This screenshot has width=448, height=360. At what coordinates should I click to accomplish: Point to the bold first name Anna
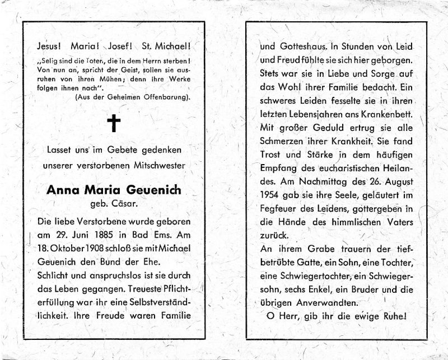click(x=65, y=190)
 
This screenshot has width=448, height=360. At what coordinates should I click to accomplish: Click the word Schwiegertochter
click(x=318, y=277)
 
